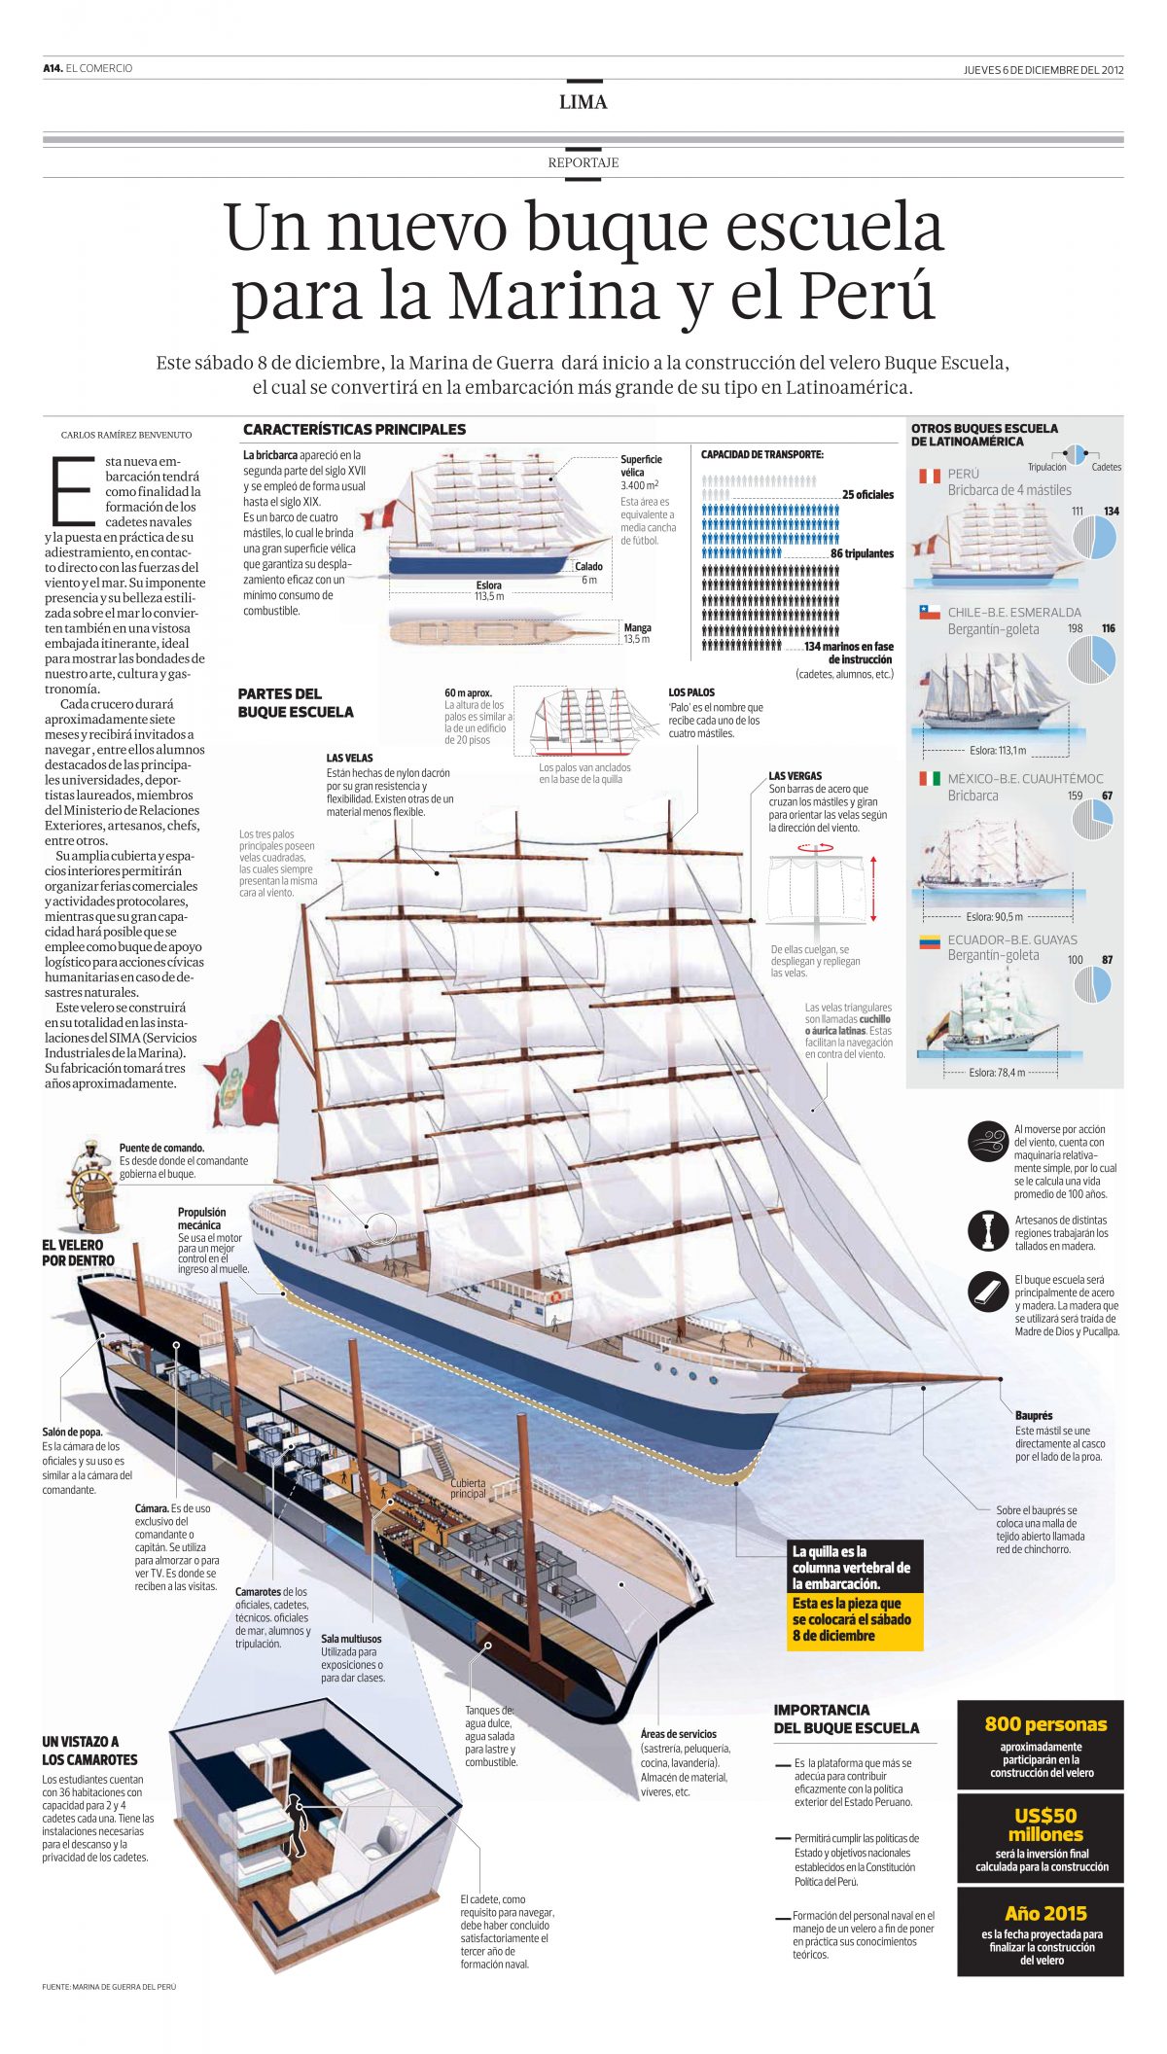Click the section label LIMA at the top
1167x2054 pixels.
[583, 102]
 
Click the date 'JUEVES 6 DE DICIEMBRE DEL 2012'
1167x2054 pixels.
[1043, 69]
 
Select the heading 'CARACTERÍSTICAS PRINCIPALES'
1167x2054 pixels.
[354, 429]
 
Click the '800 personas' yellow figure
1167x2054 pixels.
[1045, 1724]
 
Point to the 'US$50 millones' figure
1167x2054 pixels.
[1045, 1824]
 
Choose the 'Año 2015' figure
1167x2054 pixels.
[1045, 1913]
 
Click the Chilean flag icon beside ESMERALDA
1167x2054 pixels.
[930, 613]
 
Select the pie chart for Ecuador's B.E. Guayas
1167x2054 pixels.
[1093, 984]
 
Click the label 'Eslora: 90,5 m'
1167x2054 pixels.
[994, 916]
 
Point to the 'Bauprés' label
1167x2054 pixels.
[1034, 1415]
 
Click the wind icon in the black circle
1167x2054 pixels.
[988, 1140]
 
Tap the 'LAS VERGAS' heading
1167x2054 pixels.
[795, 776]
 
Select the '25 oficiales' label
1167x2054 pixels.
[867, 494]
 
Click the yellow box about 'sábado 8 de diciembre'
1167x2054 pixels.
[856, 1619]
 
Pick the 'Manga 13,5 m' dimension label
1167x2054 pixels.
[637, 633]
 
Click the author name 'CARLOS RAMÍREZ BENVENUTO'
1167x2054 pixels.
[126, 435]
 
